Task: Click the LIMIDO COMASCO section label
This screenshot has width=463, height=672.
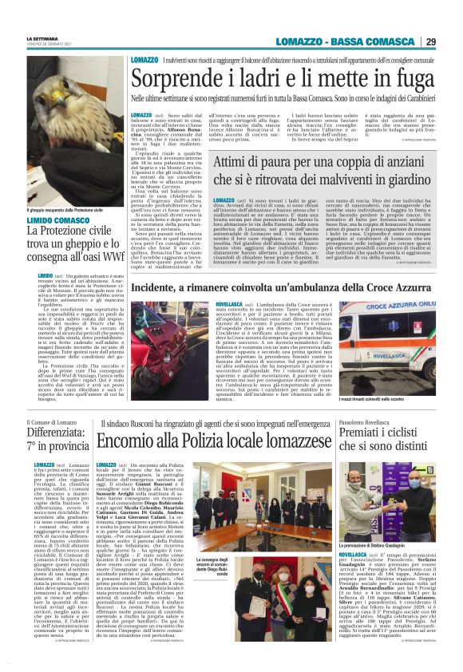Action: [58, 220]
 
